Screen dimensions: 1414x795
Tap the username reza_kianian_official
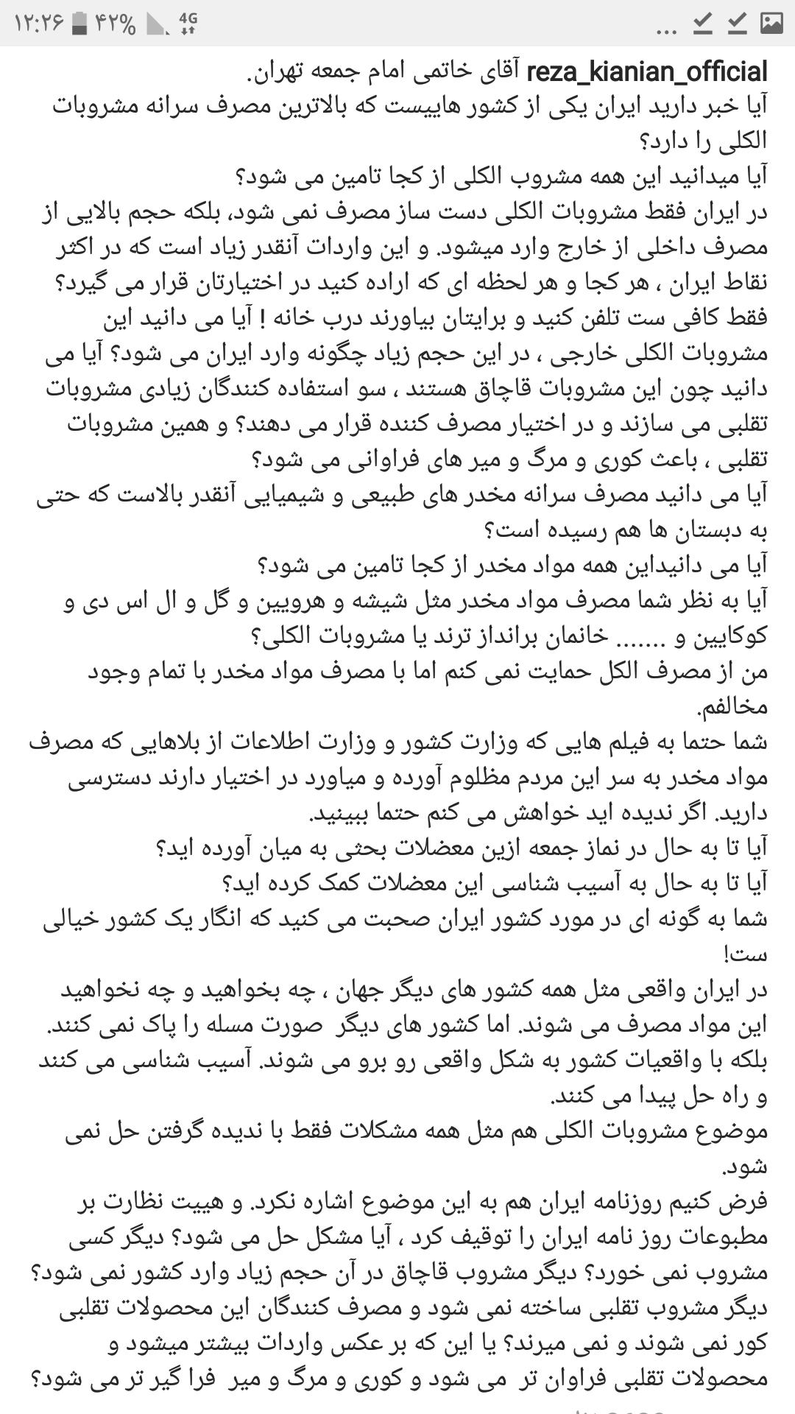[647, 71]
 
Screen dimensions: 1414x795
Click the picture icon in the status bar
[771, 24]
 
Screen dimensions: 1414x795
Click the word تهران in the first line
[277, 72]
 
